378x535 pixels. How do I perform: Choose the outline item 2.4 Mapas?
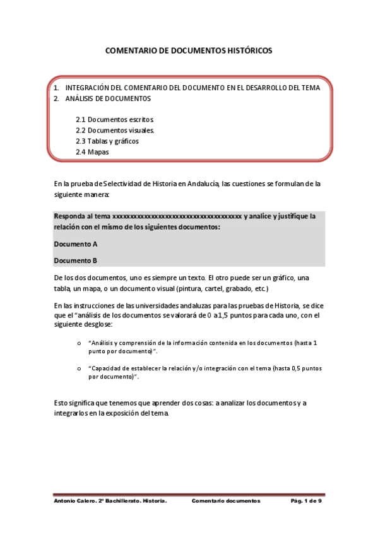click(92, 152)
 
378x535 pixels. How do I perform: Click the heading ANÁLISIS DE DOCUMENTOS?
click(108, 99)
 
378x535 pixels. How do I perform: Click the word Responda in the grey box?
click(69, 216)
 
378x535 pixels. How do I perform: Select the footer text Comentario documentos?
click(226, 501)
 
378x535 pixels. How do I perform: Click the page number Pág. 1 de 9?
click(306, 501)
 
